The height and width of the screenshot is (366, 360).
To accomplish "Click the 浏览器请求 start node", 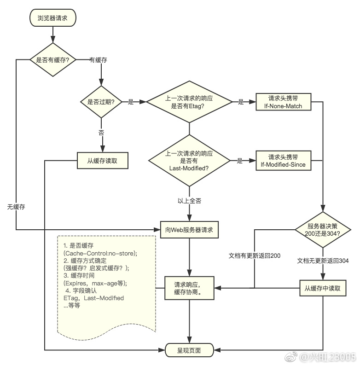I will tap(53, 18).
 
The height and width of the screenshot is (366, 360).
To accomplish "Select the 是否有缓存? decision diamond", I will tap(53, 59).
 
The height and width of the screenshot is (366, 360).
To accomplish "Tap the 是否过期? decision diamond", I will tap(101, 102).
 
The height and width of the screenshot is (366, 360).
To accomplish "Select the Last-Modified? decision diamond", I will tap(189, 161).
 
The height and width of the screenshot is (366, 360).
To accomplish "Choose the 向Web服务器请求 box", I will tap(189, 229).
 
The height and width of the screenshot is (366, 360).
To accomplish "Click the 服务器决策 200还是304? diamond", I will tap(324, 229).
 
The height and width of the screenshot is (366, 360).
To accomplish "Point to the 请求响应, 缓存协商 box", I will tap(189, 288).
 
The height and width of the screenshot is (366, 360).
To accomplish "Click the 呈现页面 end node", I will tap(189, 350).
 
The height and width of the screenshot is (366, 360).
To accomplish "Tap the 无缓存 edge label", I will tap(16, 207).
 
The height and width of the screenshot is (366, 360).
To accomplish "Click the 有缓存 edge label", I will tap(99, 60).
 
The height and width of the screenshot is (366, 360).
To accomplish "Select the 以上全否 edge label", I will tap(189, 201).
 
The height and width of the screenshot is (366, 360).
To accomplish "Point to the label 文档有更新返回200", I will tap(255, 255).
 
